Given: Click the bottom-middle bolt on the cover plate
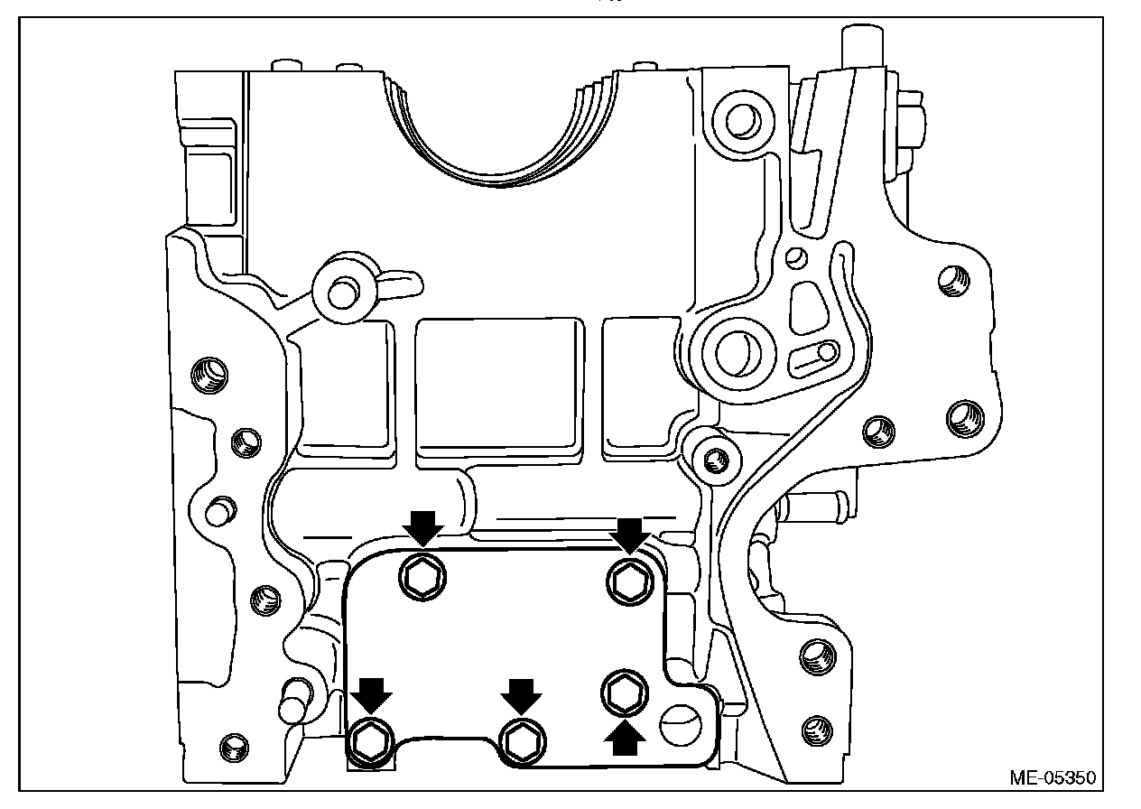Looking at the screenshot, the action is point(521,739).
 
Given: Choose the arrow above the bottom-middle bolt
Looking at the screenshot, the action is point(521,696).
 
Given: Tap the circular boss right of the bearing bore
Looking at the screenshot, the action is point(741,117).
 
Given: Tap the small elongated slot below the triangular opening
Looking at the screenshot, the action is point(814,358).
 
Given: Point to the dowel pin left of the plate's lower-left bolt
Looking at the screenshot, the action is point(290,704).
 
